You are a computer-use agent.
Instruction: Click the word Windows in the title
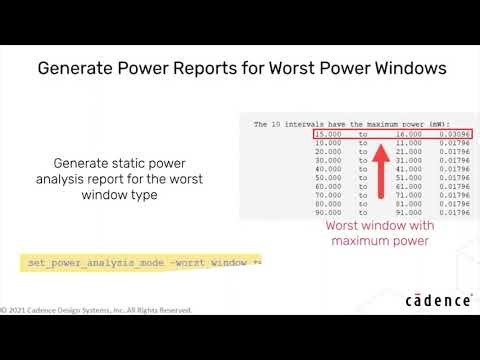tap(395, 70)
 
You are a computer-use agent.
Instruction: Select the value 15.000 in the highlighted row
tap(329, 133)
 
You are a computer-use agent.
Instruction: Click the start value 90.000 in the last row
tap(329, 212)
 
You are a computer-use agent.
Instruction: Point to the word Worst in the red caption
tap(347, 226)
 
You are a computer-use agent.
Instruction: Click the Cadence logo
tap(438, 300)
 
